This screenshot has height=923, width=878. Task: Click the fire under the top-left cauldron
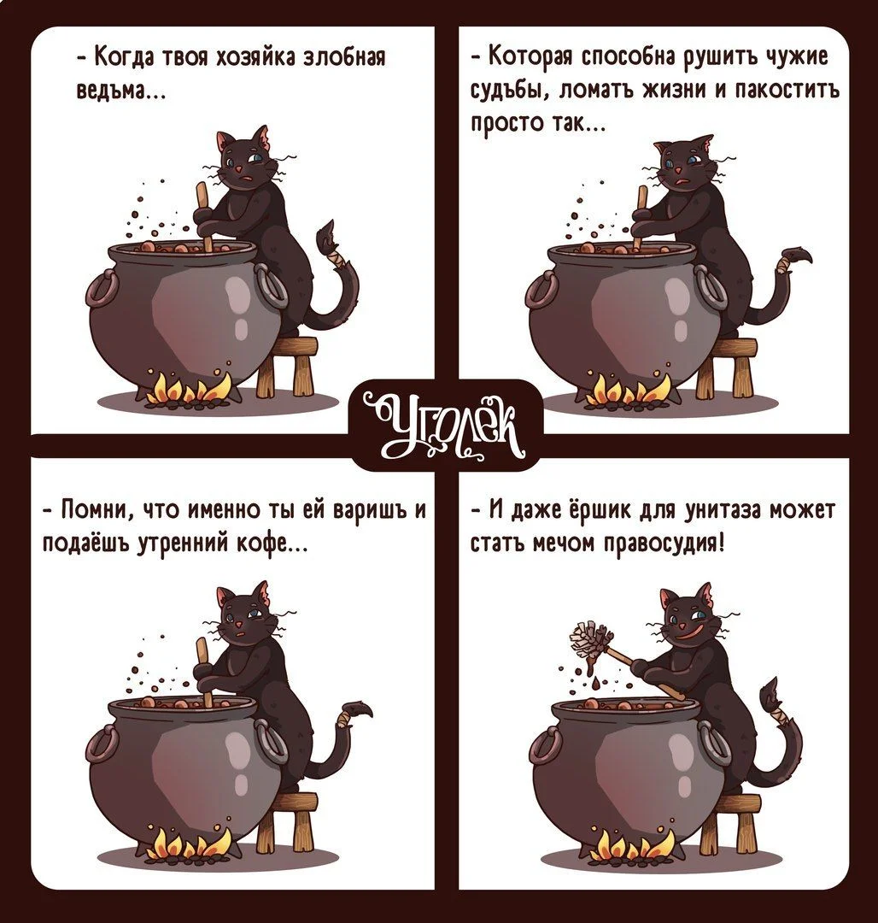tap(187, 389)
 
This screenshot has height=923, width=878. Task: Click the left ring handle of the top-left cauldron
tap(102, 289)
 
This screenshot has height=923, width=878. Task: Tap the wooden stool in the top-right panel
tap(726, 367)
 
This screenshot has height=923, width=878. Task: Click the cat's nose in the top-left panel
tap(239, 169)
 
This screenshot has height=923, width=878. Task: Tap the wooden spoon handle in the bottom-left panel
tap(203, 671)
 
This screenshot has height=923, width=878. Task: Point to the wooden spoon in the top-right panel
tap(640, 218)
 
